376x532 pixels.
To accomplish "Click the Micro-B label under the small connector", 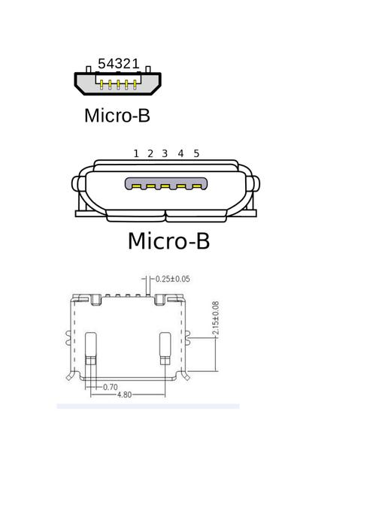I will click(117, 116).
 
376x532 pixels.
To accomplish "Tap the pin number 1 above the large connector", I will click(136, 153).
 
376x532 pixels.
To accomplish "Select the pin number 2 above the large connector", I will click(150, 153).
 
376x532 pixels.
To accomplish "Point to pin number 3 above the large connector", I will click(165, 153).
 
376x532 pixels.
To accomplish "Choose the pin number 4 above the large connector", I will click(180, 153).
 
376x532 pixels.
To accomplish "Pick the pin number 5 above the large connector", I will click(196, 153).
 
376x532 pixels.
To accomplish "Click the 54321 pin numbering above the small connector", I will click(118, 65).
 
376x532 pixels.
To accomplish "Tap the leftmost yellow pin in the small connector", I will click(102, 84).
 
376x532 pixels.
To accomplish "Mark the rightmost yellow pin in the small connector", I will click(135, 84).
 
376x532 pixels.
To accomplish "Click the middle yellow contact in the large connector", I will click(165, 185).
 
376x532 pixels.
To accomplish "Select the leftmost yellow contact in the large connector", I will click(135, 185).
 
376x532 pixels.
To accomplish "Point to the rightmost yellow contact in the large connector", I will click(196, 185).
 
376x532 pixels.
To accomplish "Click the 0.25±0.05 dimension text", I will click(172, 280).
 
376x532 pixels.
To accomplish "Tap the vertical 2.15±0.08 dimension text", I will click(216, 319).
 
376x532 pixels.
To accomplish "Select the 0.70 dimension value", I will click(110, 387).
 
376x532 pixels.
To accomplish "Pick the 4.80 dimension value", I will click(125, 394).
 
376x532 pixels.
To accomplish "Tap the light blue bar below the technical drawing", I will click(148, 406).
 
